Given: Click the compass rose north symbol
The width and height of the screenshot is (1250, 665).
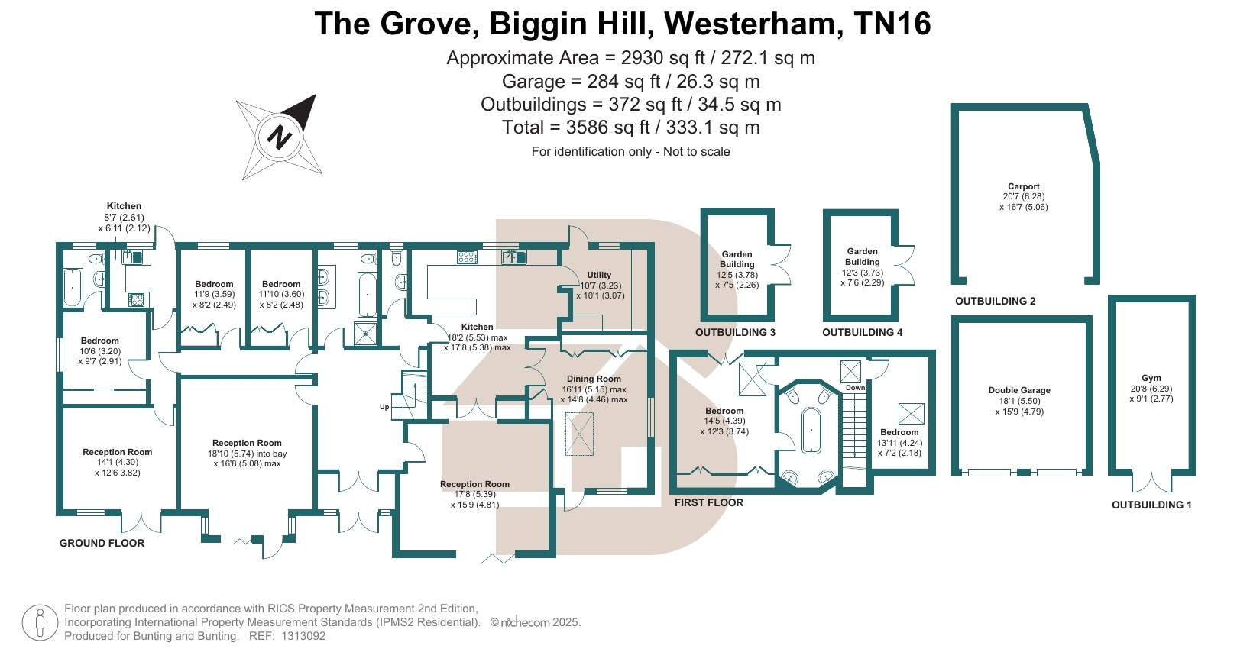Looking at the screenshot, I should tap(280, 137).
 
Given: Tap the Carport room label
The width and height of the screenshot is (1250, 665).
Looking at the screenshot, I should tap(1023, 186).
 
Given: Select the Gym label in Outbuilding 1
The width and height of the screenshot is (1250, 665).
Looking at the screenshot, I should tap(1151, 378).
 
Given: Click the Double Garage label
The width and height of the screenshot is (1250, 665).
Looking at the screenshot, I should tap(1019, 390).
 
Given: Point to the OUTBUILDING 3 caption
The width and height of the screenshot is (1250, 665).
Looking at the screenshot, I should tap(735, 332).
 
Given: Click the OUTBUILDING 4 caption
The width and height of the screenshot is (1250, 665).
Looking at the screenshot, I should tap(862, 332).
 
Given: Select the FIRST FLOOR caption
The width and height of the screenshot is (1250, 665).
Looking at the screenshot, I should tap(708, 502).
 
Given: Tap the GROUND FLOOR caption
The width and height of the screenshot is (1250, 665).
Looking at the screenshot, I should tap(102, 543).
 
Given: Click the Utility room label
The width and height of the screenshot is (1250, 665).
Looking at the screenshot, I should tap(599, 275).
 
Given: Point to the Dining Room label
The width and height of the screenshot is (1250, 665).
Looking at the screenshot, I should tap(594, 379).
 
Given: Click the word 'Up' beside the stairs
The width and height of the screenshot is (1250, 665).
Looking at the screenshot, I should tap(384, 407).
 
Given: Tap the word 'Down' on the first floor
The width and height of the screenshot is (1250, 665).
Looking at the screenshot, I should tap(855, 388).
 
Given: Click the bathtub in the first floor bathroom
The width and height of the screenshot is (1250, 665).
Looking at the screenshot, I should tap(810, 431).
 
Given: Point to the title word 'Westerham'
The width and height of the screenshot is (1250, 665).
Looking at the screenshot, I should tap(753, 24).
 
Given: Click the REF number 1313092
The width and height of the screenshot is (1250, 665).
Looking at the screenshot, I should tap(303, 636).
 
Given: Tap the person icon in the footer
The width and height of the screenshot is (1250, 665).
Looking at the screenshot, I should tap(40, 622).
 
